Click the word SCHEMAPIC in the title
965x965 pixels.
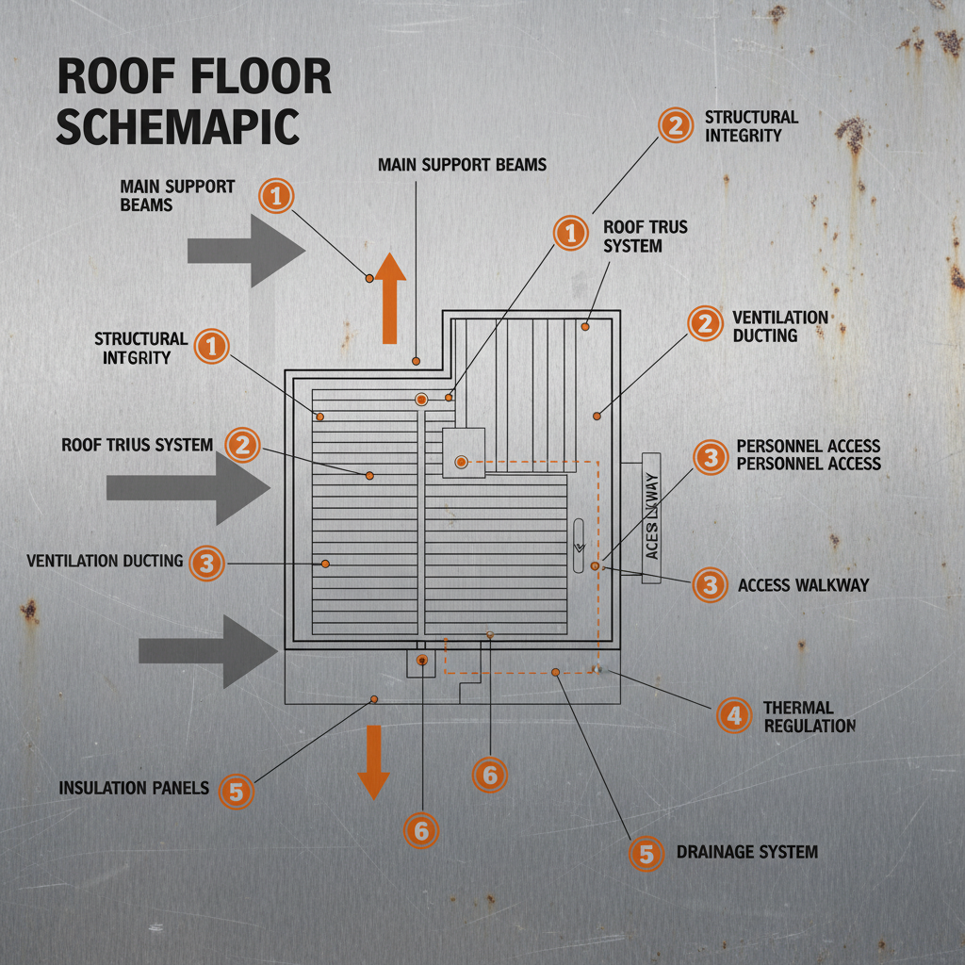[177, 127]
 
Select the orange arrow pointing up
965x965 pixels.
[390, 298]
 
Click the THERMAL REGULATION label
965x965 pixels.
[809, 716]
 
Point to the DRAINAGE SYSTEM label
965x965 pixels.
[746, 852]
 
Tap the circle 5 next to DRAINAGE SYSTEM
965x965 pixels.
[646, 854]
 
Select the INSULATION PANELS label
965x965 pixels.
[134, 788]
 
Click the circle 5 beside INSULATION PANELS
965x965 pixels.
[237, 792]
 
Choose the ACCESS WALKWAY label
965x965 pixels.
[803, 585]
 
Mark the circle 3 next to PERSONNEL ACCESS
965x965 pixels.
[711, 456]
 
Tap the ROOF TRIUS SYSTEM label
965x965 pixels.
[138, 444]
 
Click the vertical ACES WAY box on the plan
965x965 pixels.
[651, 517]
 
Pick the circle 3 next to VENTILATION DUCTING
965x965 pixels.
[207, 563]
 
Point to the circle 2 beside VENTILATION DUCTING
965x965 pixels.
[704, 324]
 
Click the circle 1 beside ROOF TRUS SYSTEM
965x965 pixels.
[570, 233]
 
